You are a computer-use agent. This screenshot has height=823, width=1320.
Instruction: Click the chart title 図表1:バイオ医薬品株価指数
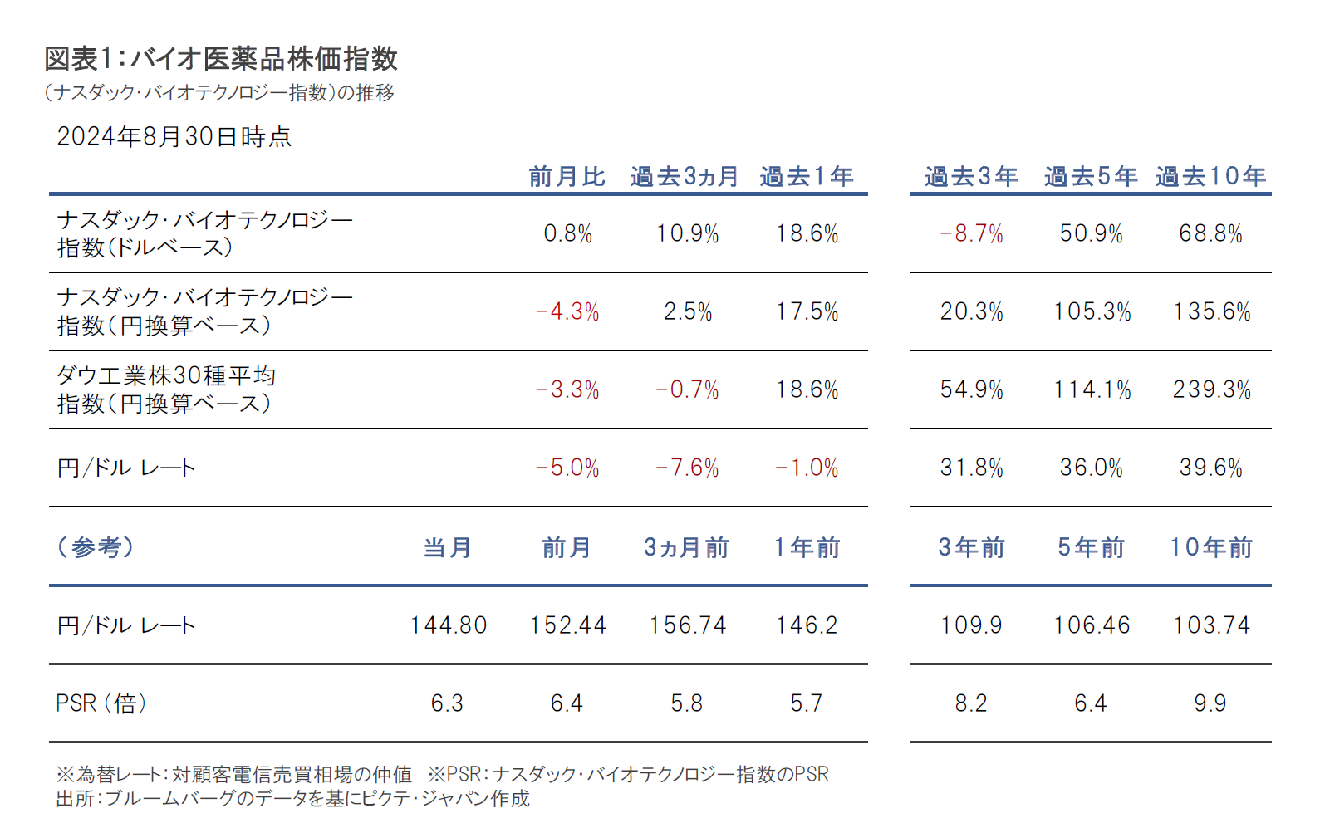point(221,59)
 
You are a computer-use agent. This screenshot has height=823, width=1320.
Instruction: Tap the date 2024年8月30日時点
point(174,136)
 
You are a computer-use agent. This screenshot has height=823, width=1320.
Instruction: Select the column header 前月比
point(567,176)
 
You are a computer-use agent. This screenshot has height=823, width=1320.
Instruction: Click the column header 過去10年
point(1210,176)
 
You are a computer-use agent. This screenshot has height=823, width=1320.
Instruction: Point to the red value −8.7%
point(971,233)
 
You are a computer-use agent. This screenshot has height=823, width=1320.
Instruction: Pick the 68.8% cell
point(1210,233)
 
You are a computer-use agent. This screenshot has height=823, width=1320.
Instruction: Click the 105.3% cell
point(1092,311)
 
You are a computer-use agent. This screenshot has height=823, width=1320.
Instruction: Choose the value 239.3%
point(1211,389)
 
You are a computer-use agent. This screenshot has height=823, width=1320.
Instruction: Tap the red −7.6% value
point(687,468)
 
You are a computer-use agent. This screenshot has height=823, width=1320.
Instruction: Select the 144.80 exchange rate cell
point(448,625)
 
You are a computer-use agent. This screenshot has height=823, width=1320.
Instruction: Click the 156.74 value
point(687,625)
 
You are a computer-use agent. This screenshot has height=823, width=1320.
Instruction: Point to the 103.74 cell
point(1211,625)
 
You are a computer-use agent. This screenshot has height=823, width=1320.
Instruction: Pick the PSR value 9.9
point(1210,703)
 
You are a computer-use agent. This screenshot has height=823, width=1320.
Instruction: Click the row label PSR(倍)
point(101,703)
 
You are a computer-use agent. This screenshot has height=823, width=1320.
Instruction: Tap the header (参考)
point(96,547)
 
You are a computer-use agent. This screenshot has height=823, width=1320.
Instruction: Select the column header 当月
point(448,547)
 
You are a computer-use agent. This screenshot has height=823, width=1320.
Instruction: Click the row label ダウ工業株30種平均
point(166,376)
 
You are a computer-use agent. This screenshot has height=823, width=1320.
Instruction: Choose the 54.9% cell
point(971,389)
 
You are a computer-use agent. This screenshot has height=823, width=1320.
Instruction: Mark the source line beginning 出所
point(292,799)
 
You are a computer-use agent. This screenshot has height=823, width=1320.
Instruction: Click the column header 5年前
point(1091,547)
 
